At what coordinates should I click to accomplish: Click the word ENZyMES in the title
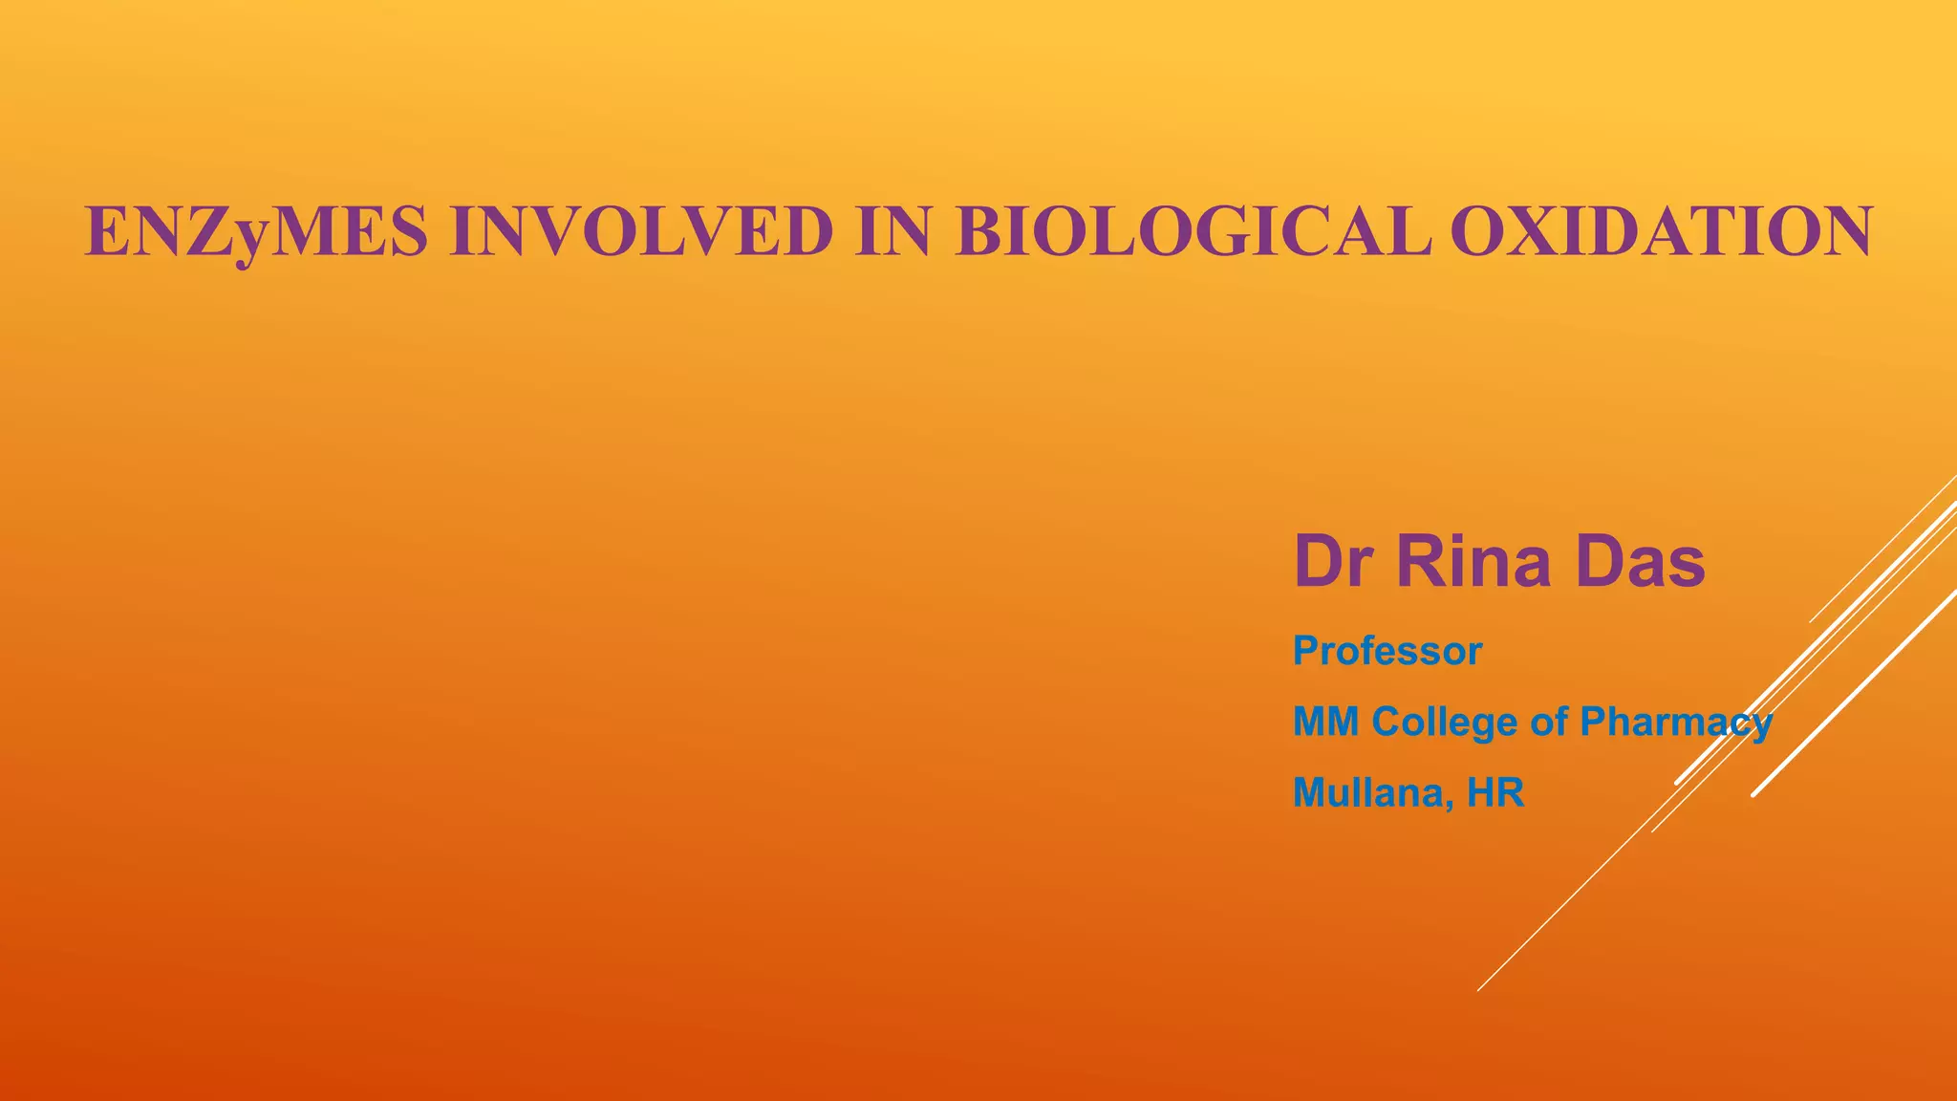click(256, 232)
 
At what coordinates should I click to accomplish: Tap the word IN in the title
click(892, 232)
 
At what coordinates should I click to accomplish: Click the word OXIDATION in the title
click(1661, 232)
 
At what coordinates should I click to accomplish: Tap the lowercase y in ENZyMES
click(248, 239)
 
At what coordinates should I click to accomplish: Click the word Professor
click(1387, 652)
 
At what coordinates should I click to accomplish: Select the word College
click(1444, 722)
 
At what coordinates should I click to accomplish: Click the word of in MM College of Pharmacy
click(1548, 722)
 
